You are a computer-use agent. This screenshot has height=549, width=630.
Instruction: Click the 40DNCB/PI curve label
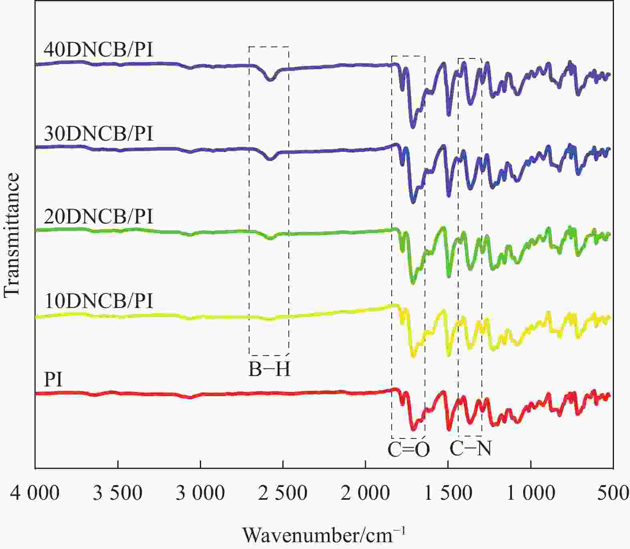click(99, 50)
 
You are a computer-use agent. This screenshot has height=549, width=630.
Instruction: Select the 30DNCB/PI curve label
click(99, 134)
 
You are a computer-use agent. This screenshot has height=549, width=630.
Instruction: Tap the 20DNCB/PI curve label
click(99, 217)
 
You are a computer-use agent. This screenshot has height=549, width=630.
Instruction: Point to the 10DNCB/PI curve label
click(99, 301)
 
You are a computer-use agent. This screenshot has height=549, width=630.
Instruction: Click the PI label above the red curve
click(53, 379)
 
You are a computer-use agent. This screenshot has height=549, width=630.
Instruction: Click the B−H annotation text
click(269, 370)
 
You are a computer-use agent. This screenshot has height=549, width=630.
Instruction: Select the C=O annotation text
click(409, 450)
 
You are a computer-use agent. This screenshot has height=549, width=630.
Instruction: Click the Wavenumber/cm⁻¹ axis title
click(324, 535)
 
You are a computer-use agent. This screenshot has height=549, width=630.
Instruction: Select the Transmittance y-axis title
click(12, 235)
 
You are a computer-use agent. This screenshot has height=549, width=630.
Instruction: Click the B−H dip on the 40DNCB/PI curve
click(270, 79)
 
